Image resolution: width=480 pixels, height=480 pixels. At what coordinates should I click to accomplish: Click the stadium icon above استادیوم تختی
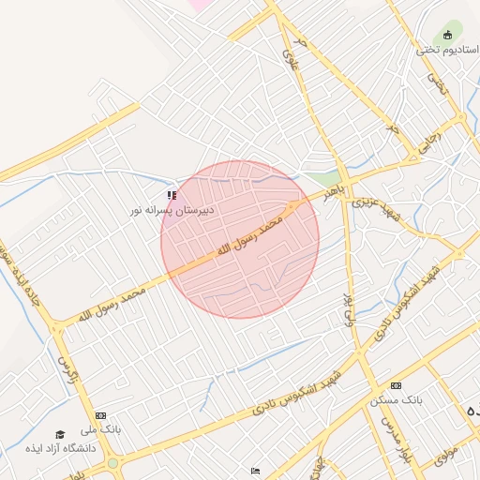[448, 37]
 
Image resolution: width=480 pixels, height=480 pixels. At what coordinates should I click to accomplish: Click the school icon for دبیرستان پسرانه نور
[172, 195]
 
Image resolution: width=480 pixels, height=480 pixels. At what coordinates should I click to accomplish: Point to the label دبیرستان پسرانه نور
[172, 211]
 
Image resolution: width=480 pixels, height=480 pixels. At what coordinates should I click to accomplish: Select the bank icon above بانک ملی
[100, 414]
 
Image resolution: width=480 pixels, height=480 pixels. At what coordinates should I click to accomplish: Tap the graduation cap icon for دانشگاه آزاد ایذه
[61, 434]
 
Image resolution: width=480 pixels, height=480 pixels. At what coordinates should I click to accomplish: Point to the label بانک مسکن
[395, 399]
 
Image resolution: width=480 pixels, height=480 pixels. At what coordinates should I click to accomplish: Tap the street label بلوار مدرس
[390, 427]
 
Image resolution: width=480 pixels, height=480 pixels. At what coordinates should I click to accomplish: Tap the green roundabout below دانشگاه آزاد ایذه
[113, 463]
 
